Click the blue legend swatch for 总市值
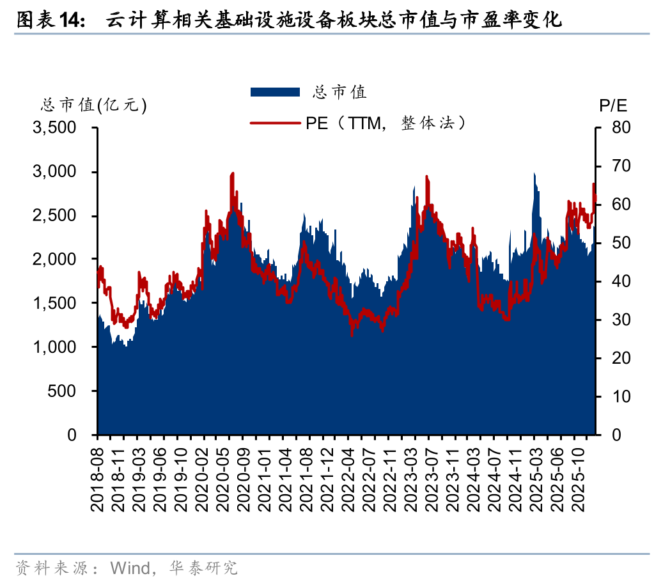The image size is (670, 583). tap(276, 92)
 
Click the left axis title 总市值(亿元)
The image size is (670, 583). tap(94, 105)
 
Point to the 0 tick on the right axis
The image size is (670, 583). tap(614, 435)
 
